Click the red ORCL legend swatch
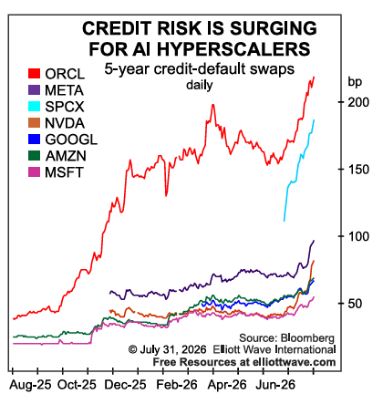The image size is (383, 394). pyautogui.click(x=34, y=74)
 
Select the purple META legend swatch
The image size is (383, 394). pyautogui.click(x=34, y=90)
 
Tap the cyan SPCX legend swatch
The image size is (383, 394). pyautogui.click(x=34, y=107)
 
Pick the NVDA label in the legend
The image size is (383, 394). pyautogui.click(x=65, y=123)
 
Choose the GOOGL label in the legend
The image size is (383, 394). pyautogui.click(x=71, y=140)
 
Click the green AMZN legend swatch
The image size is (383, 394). pyautogui.click(x=34, y=156)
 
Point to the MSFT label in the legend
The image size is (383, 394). pyautogui.click(x=64, y=172)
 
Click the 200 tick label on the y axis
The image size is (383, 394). pyautogui.click(x=358, y=102)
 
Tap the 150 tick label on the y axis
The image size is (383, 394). pyautogui.click(x=358, y=170)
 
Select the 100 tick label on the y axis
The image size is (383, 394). pyautogui.click(x=358, y=236)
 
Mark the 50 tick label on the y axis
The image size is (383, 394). pyautogui.click(x=355, y=304)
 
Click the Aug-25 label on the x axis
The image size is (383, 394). pyautogui.click(x=30, y=385)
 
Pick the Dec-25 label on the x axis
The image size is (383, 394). pyautogui.click(x=125, y=385)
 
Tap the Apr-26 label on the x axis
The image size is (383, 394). pyautogui.click(x=227, y=385)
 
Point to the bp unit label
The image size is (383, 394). pyautogui.click(x=355, y=82)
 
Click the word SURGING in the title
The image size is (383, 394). pyautogui.click(x=274, y=28)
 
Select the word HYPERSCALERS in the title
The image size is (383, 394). pyautogui.click(x=233, y=49)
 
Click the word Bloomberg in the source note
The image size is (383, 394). pyautogui.click(x=307, y=338)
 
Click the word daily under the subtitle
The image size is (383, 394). pyautogui.click(x=200, y=85)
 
